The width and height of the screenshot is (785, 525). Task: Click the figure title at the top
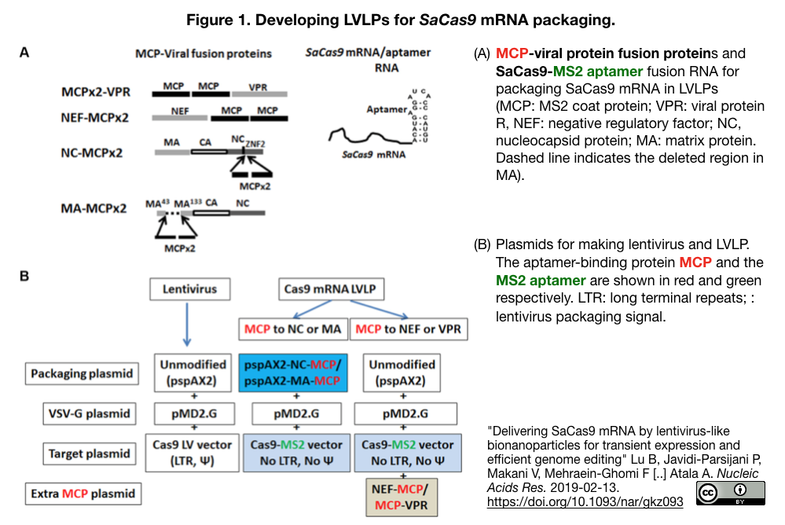391,18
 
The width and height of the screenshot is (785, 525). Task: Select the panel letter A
24,53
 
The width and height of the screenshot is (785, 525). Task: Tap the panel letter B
24,276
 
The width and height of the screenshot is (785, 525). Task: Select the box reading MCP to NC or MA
292,329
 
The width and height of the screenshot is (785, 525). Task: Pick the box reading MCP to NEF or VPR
409,329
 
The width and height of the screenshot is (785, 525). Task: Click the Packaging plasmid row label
81,373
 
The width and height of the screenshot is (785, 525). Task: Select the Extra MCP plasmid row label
81,494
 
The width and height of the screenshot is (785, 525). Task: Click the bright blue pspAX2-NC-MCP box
292,373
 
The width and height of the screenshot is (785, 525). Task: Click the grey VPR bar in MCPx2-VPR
259,93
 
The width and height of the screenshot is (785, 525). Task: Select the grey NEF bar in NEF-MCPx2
179,119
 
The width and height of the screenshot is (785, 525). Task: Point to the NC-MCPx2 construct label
91,152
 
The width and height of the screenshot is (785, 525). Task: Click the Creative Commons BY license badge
730,493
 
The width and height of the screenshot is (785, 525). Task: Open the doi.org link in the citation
585,501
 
